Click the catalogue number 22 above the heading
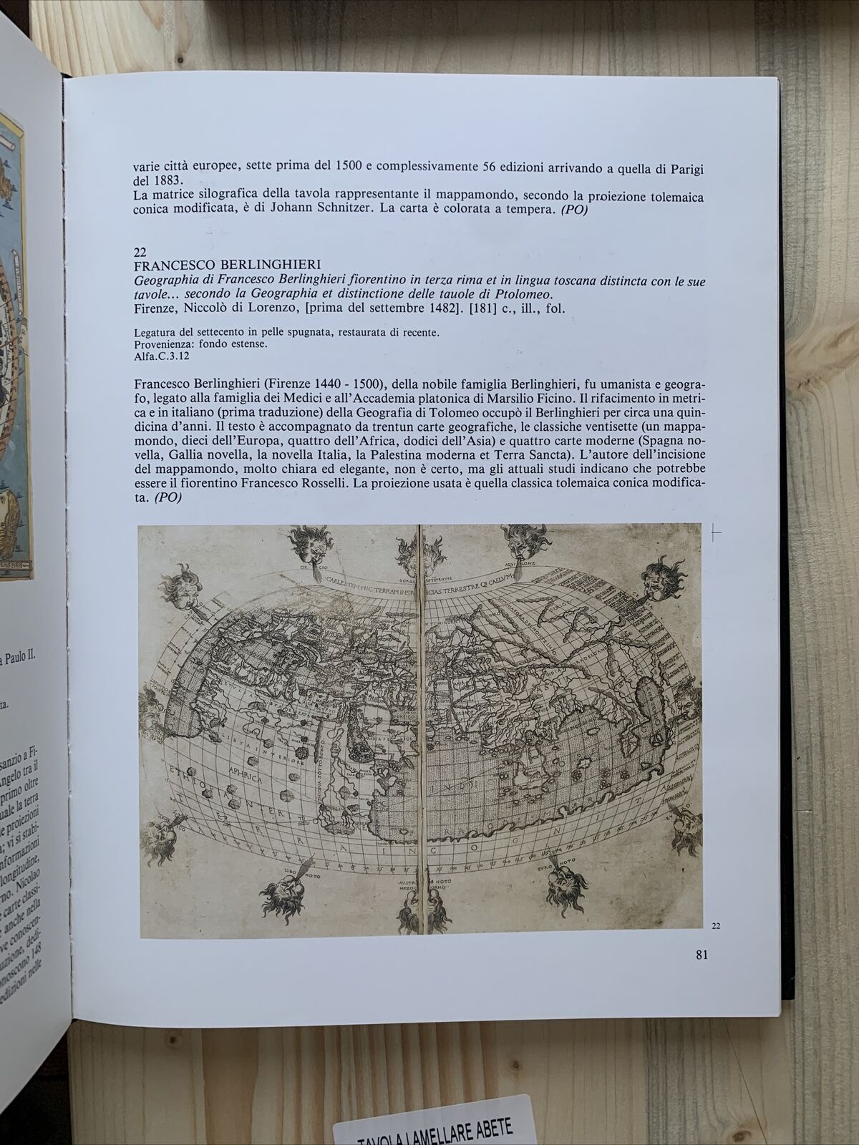(141, 252)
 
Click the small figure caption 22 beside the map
(716, 926)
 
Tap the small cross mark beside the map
(716, 532)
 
